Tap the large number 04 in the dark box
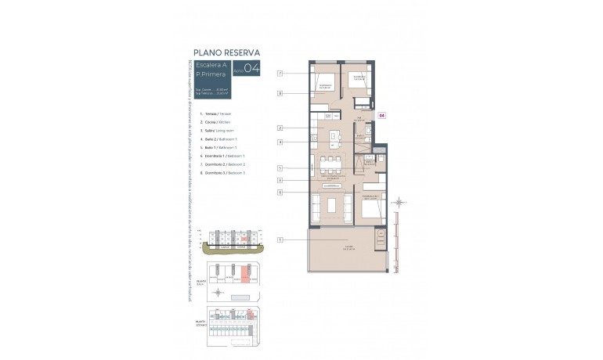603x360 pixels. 251,68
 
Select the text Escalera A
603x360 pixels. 211,65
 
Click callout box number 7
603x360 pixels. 280,73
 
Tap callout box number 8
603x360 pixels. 280,93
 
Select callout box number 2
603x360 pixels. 280,128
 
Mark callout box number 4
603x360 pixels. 280,142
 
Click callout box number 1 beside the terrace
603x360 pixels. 280,239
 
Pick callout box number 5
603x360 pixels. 280,167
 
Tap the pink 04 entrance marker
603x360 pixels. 382,115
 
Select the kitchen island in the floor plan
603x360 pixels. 335,139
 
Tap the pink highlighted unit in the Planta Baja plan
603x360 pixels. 245,275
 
